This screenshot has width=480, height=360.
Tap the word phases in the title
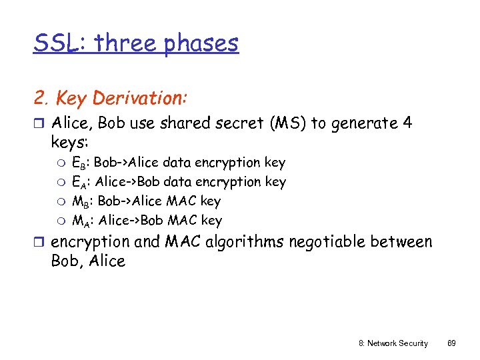click(201, 43)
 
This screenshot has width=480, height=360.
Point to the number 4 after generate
click(407, 123)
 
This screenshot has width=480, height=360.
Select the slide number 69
click(451, 343)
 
